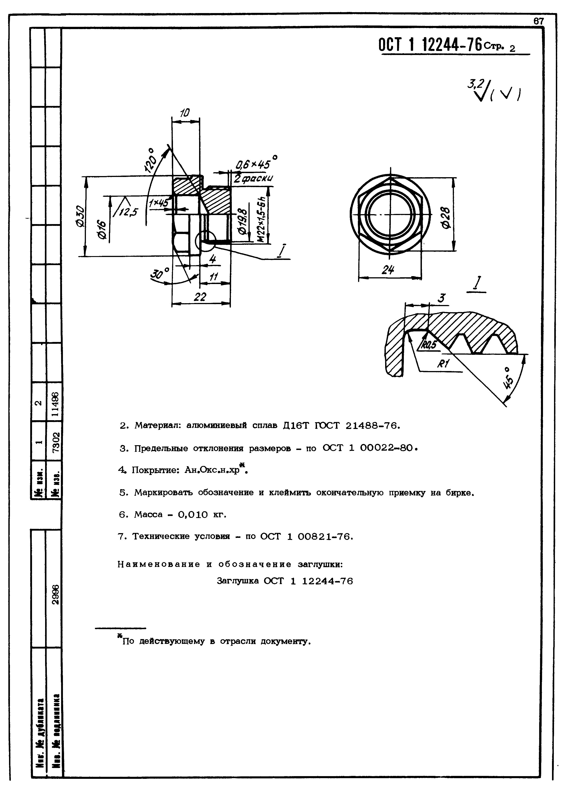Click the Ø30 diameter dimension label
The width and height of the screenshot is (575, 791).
(x=80, y=216)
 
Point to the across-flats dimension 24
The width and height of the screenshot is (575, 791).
(x=388, y=270)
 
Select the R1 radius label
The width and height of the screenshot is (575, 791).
(x=444, y=364)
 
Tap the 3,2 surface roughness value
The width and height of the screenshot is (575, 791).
(x=474, y=84)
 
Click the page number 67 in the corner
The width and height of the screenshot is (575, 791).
(x=538, y=21)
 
